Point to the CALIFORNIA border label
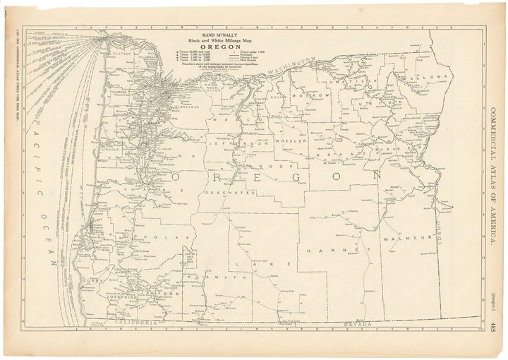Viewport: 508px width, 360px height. [x=135, y=322]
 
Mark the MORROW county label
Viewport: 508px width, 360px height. [x=315, y=95]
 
